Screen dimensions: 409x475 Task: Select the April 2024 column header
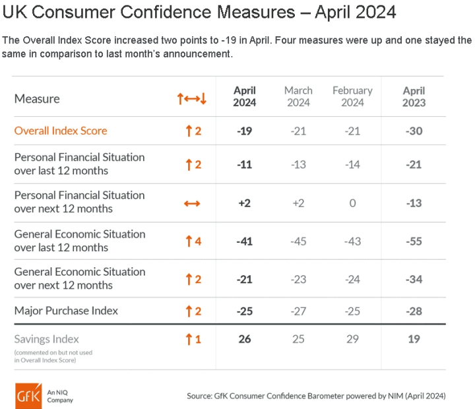point(244,96)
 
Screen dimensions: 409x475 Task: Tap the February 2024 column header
point(352,96)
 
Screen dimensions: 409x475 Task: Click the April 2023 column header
point(414,96)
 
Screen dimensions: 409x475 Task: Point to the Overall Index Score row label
point(61,131)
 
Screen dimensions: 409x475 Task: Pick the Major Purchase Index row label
point(66,311)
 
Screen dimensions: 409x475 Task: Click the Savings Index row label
point(47,339)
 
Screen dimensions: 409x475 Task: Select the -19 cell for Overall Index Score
point(245,131)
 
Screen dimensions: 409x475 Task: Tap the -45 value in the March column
point(298,241)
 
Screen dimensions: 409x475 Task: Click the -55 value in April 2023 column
point(414,241)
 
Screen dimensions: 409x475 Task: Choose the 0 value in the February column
point(352,203)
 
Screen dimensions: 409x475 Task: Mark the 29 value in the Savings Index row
point(352,339)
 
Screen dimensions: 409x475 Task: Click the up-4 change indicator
point(193,241)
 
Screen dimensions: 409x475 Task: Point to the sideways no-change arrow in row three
point(192,203)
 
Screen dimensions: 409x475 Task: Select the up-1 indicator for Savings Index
point(193,339)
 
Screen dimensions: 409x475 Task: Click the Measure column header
point(37,99)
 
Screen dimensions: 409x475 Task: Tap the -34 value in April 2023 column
point(414,279)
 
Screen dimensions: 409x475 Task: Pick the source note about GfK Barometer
point(316,396)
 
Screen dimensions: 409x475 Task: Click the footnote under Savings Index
point(53,356)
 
